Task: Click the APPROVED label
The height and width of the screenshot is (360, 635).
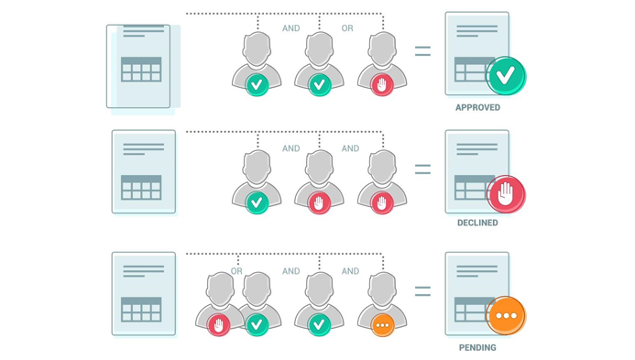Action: point(477,107)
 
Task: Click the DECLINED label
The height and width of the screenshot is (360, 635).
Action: point(477,223)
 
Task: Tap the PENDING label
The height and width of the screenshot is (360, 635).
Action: point(477,347)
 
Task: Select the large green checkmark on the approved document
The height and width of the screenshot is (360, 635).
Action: point(506,76)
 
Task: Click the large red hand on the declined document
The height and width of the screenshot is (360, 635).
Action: point(506,194)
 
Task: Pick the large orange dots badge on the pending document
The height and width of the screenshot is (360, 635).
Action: point(506,316)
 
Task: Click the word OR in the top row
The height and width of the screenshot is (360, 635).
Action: point(347,28)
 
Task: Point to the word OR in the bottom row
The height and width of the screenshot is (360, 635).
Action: point(236,271)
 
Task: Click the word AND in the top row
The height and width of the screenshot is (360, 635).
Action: point(291,28)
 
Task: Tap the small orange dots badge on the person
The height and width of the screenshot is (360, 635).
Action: point(382,325)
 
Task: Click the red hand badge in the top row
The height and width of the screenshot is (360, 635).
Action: point(382,84)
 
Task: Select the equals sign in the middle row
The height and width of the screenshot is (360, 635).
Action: point(422,169)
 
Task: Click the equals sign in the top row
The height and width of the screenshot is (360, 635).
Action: point(422,51)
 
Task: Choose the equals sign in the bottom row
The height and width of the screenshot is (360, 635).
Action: point(422,291)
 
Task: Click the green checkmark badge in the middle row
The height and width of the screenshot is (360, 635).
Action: point(257,202)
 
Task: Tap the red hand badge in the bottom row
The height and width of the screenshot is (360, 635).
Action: point(219,325)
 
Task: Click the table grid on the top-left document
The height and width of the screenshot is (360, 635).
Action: point(141,70)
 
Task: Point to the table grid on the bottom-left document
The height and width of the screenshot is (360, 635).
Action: point(141,310)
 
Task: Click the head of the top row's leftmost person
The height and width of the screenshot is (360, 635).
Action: point(257,49)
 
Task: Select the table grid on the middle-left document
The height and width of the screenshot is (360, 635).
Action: point(141,188)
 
